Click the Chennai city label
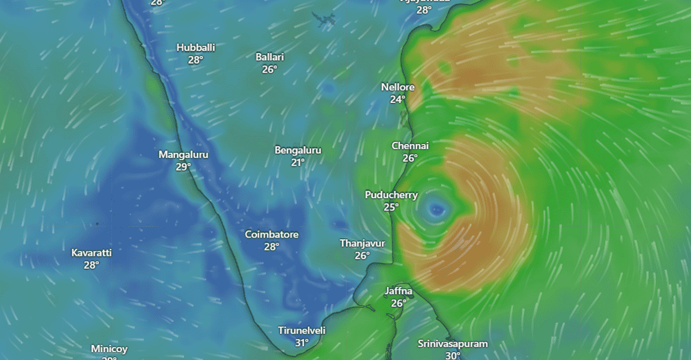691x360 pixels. tap(410, 146)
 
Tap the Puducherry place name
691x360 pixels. tap(391, 195)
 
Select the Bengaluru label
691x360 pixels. tap(298, 150)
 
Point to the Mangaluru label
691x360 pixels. tap(183, 155)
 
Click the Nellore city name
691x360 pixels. tap(398, 87)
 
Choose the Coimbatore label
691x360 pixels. tap(272, 234)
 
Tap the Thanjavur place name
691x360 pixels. tap(362, 243)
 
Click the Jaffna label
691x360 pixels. tap(399, 291)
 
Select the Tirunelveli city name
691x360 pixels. tap(302, 331)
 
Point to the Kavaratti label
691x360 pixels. tap(91, 253)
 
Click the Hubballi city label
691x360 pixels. tap(195, 48)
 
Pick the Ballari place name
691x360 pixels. tap(270, 56)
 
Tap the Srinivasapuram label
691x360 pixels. tap(452, 343)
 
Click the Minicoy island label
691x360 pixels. tap(109, 349)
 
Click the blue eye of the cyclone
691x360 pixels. tap(437, 209)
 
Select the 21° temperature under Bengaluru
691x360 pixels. tap(298, 162)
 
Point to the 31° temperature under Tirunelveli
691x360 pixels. tap(302, 343)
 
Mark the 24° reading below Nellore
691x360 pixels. tap(398, 100)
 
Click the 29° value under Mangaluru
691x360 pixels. tap(183, 167)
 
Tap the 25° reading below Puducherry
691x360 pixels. tap(391, 207)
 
